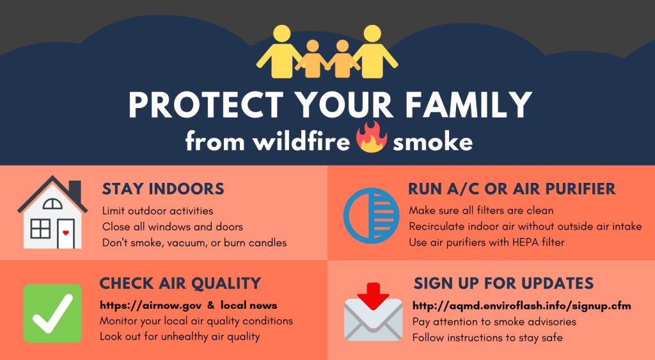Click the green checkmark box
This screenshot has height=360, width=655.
pos(52,313)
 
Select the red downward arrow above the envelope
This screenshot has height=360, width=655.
pos(374,295)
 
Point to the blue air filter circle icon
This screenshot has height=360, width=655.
pos(369,215)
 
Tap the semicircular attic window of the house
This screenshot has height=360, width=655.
pos(52,204)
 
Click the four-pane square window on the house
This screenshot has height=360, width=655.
pos(40,229)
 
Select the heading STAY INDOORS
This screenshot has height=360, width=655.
pos(163,189)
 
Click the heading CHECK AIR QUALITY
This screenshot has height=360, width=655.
pos(180,283)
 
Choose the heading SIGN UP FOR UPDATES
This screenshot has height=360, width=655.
pos(503,283)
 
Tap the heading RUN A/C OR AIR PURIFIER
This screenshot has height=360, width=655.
pos(512,189)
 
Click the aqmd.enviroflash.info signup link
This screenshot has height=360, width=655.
pos(522,306)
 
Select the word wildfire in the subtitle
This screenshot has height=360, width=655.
pos(301,141)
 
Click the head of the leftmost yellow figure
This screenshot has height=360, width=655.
pos(282,34)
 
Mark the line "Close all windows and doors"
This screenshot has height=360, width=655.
pos(173,227)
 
